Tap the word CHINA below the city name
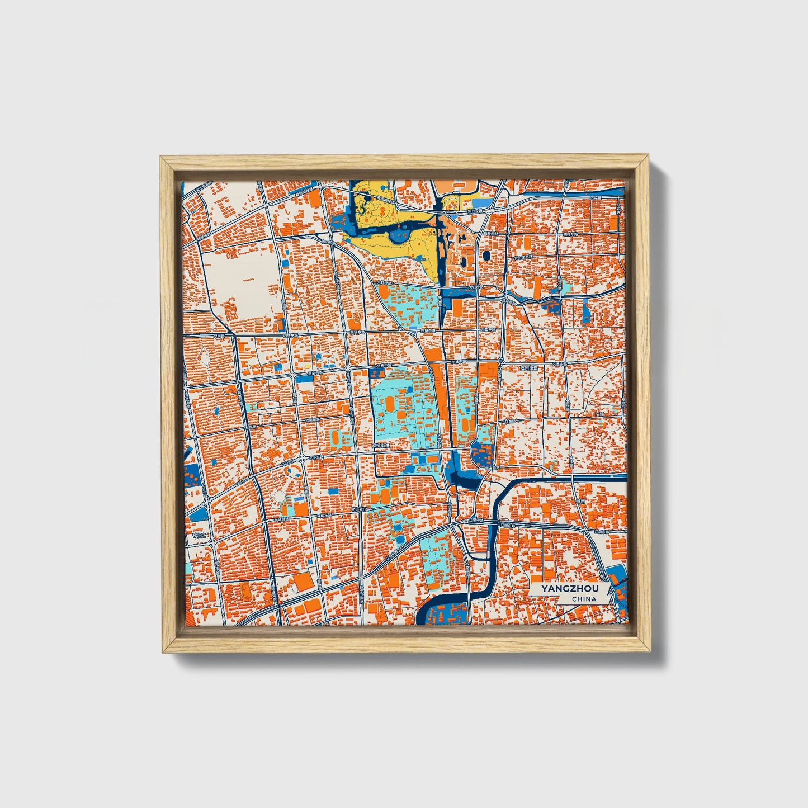(584, 599)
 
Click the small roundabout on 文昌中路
(446, 363)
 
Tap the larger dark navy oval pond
(485, 255)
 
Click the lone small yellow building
(307, 367)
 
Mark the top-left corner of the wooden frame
(160, 157)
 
